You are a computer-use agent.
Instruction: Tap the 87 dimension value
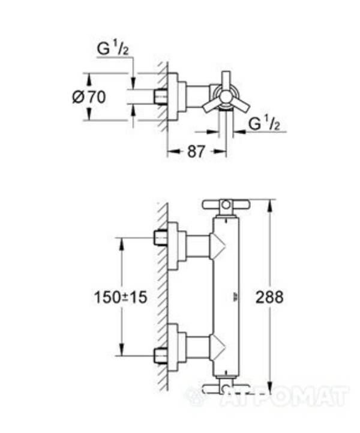coord(196,152)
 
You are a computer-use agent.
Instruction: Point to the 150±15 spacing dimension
coord(121,297)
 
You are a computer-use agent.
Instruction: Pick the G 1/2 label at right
coord(265,124)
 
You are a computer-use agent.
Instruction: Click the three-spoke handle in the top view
coord(225,95)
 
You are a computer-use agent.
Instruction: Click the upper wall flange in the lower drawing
coord(174,246)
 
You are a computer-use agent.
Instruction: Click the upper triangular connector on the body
coord(217,246)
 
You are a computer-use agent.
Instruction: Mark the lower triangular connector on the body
coord(217,347)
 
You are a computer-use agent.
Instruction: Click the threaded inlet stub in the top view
coord(160,96)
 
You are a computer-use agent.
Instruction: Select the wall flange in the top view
coord(174,96)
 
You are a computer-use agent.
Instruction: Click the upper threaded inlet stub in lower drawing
coord(160,238)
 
